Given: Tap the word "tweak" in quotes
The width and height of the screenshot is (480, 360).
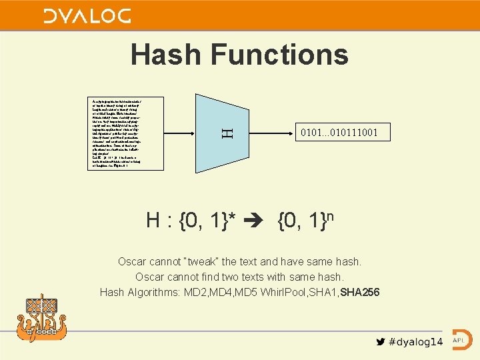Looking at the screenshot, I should pyautogui.click(x=208, y=261).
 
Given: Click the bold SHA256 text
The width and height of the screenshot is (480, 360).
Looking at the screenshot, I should pyautogui.click(x=361, y=292).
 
